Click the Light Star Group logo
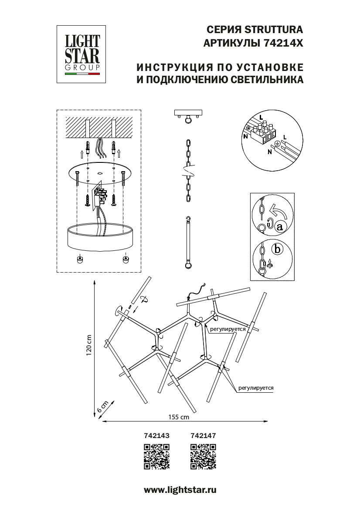click(x=82, y=54)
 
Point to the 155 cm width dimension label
click(x=179, y=417)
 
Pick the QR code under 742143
click(x=156, y=457)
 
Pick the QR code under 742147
click(x=204, y=457)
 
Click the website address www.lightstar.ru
click(x=180, y=490)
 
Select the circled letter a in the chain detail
click(x=280, y=226)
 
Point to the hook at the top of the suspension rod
click(x=188, y=219)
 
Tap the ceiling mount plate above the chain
click(x=188, y=112)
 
